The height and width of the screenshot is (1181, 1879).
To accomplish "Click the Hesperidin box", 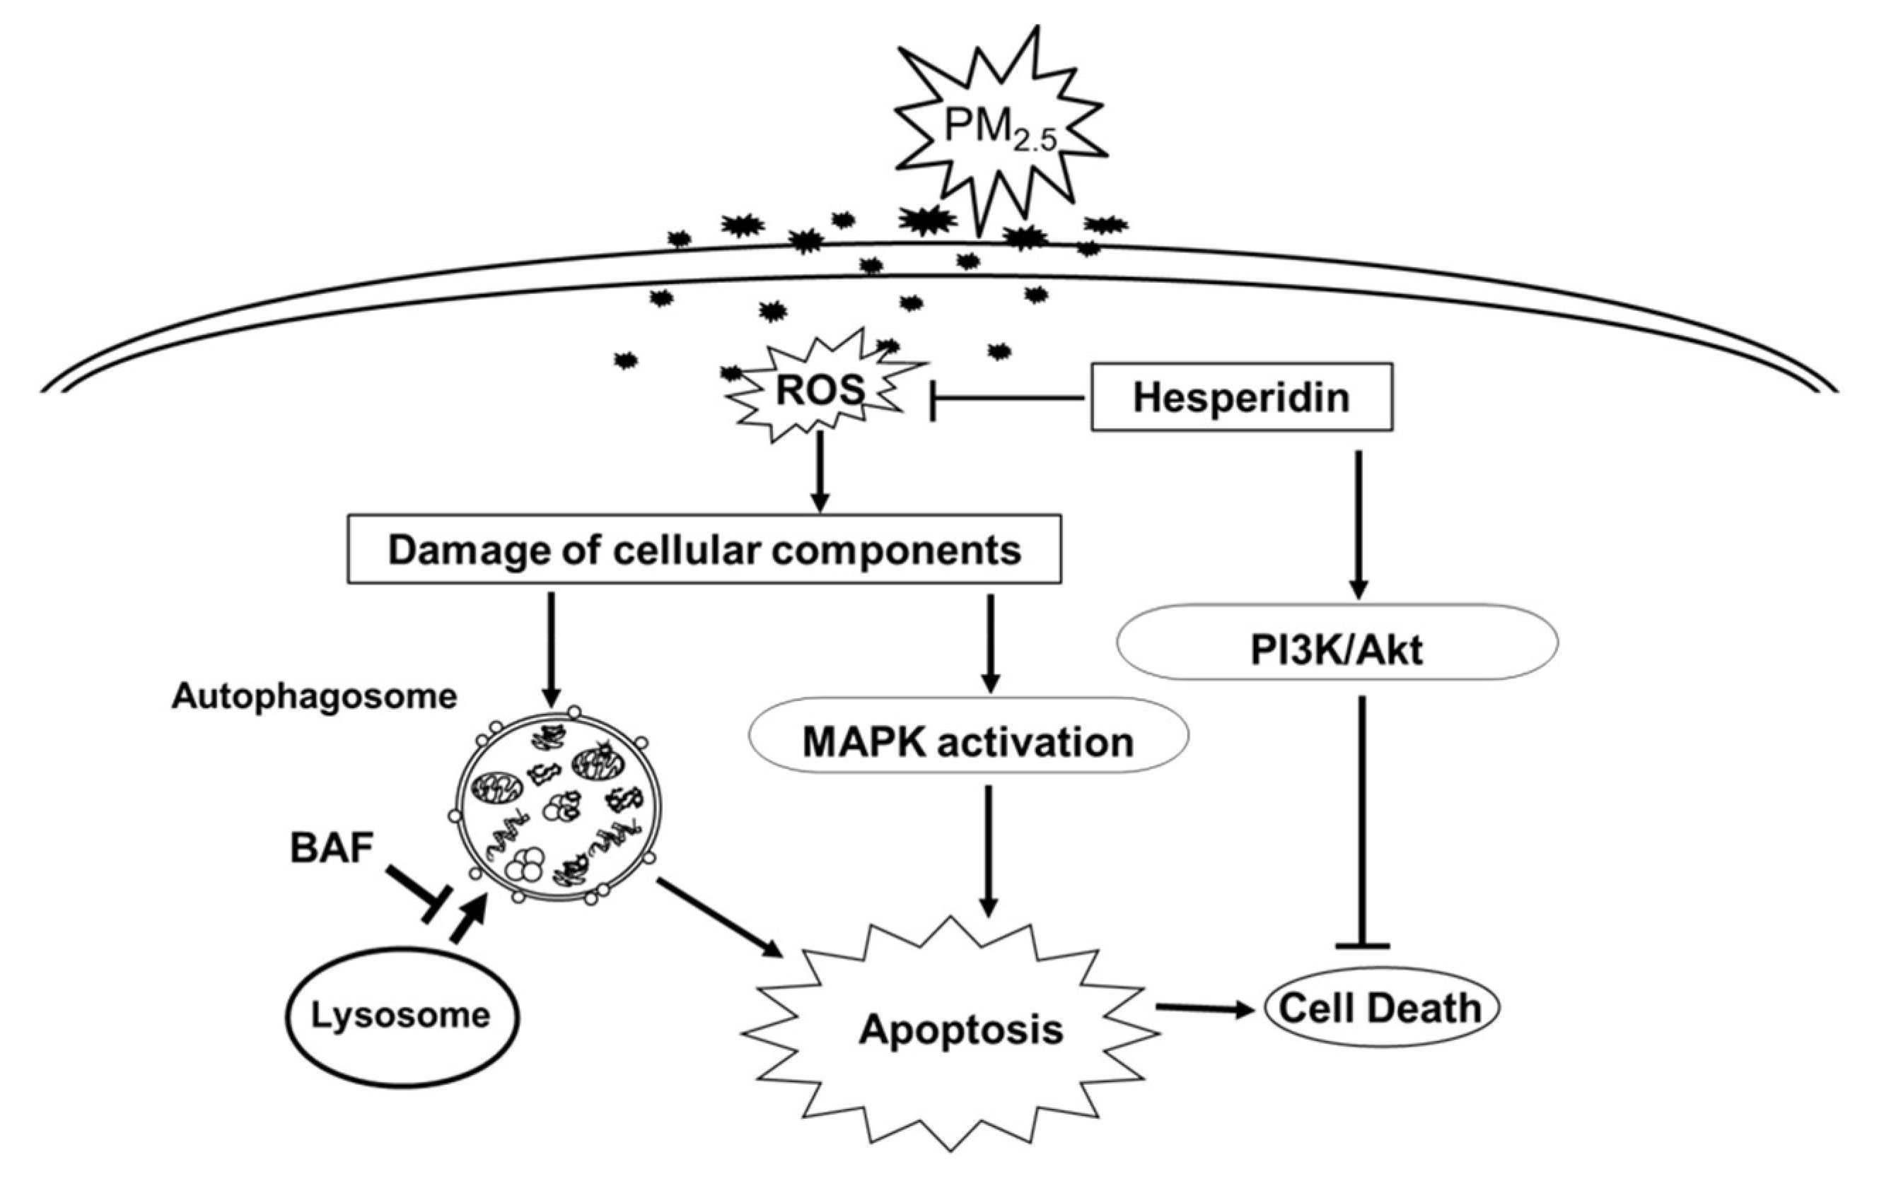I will tap(1240, 397).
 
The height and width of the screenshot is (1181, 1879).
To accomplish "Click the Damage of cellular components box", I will tap(704, 549).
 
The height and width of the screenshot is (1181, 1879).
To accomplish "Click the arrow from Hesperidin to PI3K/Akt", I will tap(1359, 522).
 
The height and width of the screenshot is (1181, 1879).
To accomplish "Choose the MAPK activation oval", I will tap(967, 742).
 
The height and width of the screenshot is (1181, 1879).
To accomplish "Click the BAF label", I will tap(331, 849).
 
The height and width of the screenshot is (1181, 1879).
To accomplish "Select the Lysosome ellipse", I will tap(400, 1015).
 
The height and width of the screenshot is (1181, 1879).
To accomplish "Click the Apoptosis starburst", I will tap(960, 1030).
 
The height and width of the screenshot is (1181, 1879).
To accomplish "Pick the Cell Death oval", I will tap(1380, 1009).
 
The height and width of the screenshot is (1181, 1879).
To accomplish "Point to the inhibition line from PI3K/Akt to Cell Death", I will tap(1363, 819).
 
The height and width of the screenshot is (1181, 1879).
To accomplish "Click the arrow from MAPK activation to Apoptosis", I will tap(989, 850).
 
